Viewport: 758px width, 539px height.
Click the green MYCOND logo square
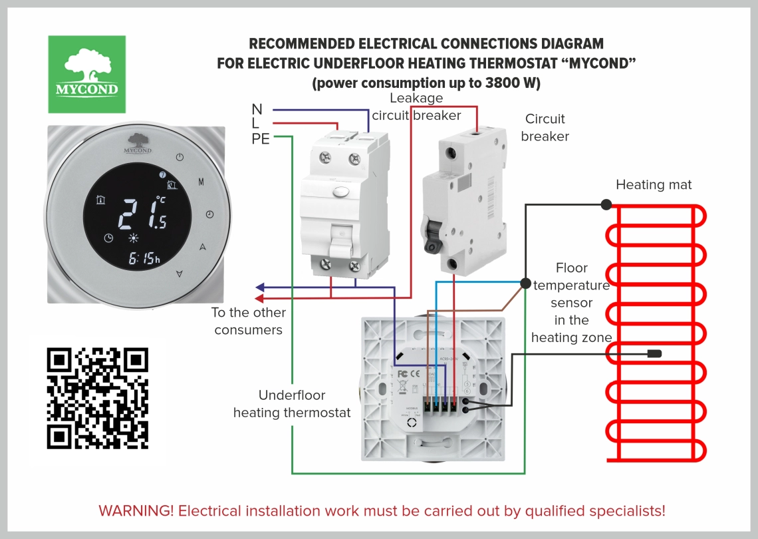(86, 74)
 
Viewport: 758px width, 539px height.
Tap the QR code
(98, 397)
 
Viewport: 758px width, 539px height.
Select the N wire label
(257, 109)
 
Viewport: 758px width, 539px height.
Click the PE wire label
(261, 138)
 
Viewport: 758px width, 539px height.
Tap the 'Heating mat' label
(654, 185)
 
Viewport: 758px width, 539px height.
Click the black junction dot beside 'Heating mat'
(606, 204)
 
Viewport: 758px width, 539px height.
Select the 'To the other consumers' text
(249, 321)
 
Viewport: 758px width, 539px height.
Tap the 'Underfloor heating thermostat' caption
(291, 404)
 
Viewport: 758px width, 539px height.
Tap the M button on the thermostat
(201, 181)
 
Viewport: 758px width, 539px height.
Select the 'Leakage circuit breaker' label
(416, 106)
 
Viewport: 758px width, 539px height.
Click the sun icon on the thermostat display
(134, 238)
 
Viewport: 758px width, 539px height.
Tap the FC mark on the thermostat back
(402, 373)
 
